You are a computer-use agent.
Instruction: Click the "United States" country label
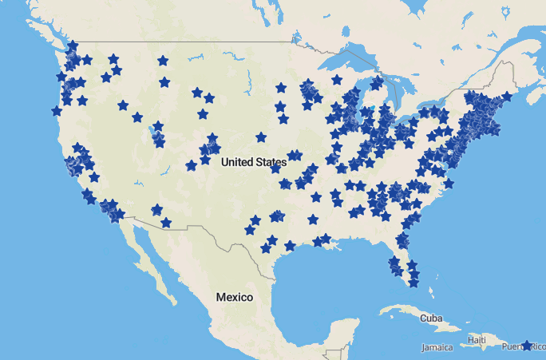[x=253, y=162]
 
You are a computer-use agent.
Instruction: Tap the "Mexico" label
[x=234, y=297]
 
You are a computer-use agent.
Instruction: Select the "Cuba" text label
[x=431, y=318]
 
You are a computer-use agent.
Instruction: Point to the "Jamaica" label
[x=437, y=347]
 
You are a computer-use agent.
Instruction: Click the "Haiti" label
[x=477, y=341]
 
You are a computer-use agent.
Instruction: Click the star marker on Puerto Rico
[x=526, y=346]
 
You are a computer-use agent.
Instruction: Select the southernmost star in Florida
[x=413, y=283]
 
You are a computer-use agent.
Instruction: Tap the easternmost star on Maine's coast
[x=506, y=97]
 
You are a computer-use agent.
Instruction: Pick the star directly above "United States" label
[x=261, y=137]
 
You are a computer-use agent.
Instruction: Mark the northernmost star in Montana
[x=163, y=61]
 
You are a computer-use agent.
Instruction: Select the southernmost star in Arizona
[x=165, y=223]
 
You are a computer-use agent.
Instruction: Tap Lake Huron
[x=399, y=88]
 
